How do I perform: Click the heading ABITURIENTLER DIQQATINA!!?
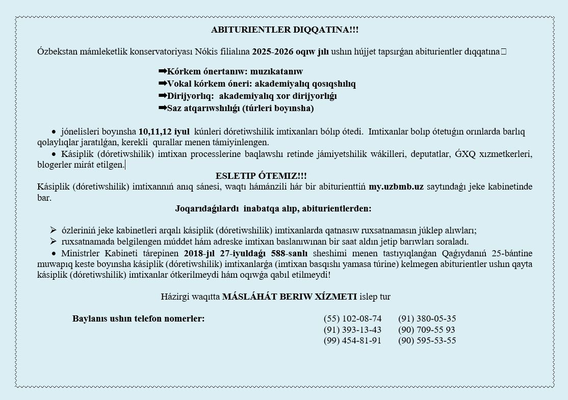click(x=285, y=30)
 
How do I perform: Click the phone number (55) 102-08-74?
click(x=352, y=319)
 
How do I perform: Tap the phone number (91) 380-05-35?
click(x=427, y=319)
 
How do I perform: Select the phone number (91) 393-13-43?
click(x=352, y=330)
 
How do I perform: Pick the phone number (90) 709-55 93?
click(x=427, y=330)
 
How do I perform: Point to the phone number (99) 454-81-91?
click(x=352, y=340)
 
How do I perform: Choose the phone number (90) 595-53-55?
click(x=427, y=340)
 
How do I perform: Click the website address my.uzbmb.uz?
click(x=396, y=186)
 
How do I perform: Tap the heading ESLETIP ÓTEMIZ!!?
click(x=261, y=176)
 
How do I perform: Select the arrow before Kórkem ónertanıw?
click(x=163, y=71)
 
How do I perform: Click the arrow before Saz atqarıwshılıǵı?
click(x=163, y=108)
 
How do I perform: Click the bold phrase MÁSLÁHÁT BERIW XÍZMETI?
click(x=290, y=297)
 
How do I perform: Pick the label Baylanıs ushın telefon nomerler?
click(x=138, y=319)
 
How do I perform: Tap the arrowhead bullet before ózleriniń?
click(x=53, y=230)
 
